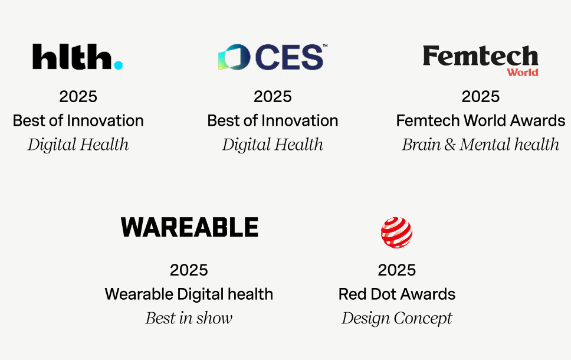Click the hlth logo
pos(78,57)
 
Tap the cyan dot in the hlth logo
pos(119,65)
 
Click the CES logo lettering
pos(290,57)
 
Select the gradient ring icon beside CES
pos(234,57)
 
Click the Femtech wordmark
pos(480,55)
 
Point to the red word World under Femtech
pos(523,72)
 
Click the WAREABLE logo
pos(189,227)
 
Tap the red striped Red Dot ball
pos(396,233)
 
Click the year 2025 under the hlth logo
pos(78,97)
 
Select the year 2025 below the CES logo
pos(273,97)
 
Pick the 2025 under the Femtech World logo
pos(480,97)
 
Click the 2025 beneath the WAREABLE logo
pos(189,270)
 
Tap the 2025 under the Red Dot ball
pos(396,270)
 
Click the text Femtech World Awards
pos(480,120)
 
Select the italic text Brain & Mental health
pos(480,145)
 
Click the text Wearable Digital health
pos(189,294)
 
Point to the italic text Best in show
pos(189,318)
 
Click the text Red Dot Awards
pos(396,294)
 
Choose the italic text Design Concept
pos(396,318)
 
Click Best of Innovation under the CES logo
pos(273,120)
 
